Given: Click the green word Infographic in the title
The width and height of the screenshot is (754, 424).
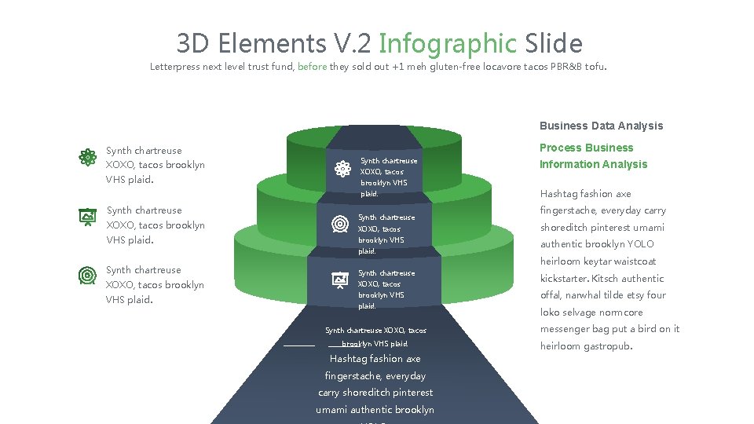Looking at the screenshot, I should [x=447, y=43].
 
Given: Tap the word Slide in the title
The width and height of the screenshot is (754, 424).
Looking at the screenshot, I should [x=554, y=43].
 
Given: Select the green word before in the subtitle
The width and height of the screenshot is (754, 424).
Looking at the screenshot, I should [x=313, y=68].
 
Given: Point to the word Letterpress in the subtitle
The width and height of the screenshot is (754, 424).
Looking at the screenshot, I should [x=174, y=68].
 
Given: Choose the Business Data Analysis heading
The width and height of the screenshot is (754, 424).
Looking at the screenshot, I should [x=601, y=126].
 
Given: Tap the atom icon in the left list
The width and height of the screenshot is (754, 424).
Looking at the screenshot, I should [x=87, y=157].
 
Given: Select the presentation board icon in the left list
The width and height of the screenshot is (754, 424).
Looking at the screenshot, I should [x=87, y=217].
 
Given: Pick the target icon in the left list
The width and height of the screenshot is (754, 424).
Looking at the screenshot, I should [x=87, y=276].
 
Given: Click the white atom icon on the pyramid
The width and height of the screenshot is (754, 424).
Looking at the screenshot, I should [x=342, y=169].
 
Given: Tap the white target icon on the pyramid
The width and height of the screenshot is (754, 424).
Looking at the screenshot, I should [x=340, y=224].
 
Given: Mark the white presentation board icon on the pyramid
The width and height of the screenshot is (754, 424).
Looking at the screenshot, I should [x=340, y=279].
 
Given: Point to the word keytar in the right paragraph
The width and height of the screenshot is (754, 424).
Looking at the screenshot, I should [x=597, y=261].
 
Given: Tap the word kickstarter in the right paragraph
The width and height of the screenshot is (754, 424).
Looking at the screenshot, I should [x=564, y=279].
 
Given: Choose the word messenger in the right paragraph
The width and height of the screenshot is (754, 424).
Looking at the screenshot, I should [x=565, y=329].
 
